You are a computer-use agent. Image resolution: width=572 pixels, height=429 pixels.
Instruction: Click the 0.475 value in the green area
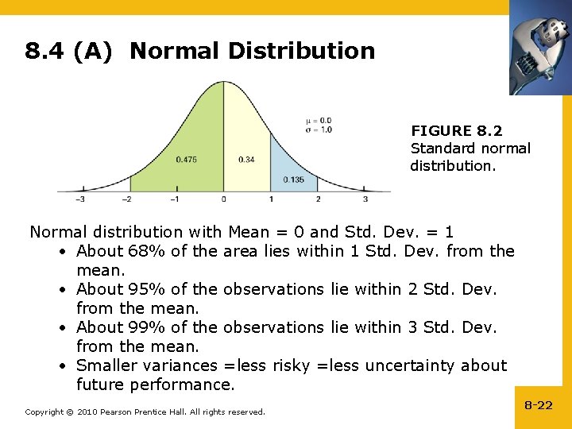(x=186, y=160)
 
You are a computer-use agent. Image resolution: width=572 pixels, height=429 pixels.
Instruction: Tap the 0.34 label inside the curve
(x=246, y=160)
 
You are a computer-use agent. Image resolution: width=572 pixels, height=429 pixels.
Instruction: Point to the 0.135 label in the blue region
(x=293, y=179)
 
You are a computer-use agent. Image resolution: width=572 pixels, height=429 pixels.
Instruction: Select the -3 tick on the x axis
(x=80, y=199)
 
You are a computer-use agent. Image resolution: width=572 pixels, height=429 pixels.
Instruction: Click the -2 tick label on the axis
(x=127, y=199)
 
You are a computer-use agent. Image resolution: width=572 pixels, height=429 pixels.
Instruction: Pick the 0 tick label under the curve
(x=223, y=199)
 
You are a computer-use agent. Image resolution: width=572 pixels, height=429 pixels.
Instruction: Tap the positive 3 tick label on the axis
(x=365, y=199)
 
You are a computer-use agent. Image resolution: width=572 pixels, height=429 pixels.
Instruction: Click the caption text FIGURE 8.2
(x=456, y=130)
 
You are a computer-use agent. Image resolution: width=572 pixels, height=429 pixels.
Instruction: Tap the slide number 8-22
(x=538, y=405)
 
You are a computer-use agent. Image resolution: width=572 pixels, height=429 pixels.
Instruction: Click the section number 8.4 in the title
(x=44, y=52)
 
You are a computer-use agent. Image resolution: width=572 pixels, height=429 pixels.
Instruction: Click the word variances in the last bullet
(x=179, y=365)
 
